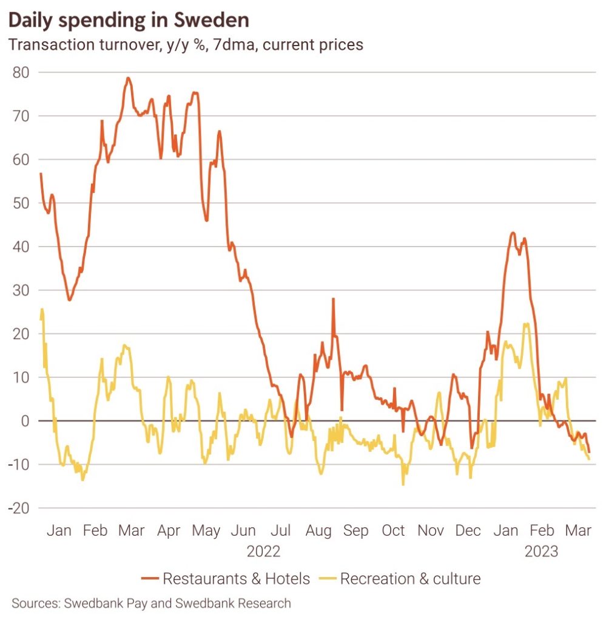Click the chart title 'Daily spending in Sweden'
(x=128, y=20)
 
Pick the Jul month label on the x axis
(x=280, y=530)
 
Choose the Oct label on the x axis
(x=393, y=530)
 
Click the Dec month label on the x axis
(x=468, y=530)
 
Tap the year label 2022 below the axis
(x=263, y=552)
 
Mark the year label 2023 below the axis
(x=542, y=552)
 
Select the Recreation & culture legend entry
(x=400, y=579)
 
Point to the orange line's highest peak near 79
(x=128, y=78)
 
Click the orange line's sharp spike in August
(x=333, y=299)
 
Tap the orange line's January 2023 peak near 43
(x=513, y=233)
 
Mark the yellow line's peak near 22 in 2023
(x=526, y=324)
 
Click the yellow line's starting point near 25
(x=41, y=310)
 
